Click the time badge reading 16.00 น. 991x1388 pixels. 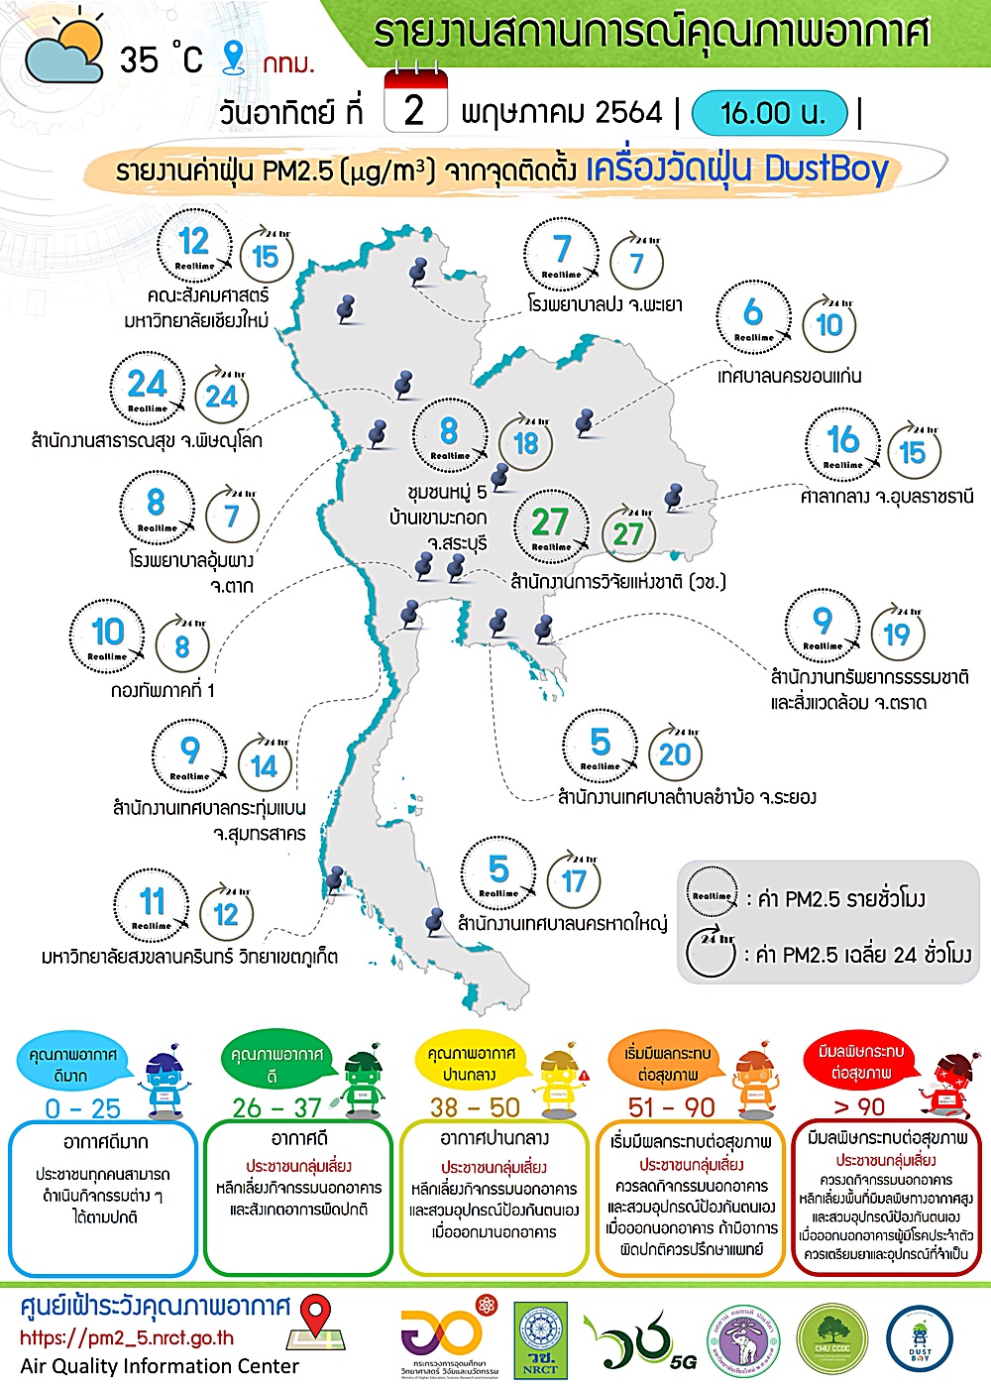[x=771, y=113]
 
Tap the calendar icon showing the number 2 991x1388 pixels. [x=413, y=103]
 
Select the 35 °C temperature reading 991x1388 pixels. [x=161, y=59]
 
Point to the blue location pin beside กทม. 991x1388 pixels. [x=233, y=57]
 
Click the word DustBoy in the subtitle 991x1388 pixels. [x=826, y=170]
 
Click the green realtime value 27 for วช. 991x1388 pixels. [x=550, y=522]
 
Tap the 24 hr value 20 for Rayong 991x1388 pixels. [x=675, y=754]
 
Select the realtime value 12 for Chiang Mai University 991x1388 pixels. [x=194, y=242]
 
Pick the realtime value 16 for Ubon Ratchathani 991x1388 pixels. [x=842, y=439]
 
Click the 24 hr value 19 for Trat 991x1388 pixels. [x=896, y=635]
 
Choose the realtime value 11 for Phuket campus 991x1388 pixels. [x=152, y=902]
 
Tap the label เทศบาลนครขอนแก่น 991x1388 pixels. [x=789, y=376]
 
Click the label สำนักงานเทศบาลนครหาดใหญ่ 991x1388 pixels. [x=562, y=924]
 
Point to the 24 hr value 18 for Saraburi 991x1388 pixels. [x=525, y=443]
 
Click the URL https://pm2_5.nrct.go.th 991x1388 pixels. [x=127, y=1337]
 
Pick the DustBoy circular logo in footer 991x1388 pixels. [x=920, y=1344]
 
